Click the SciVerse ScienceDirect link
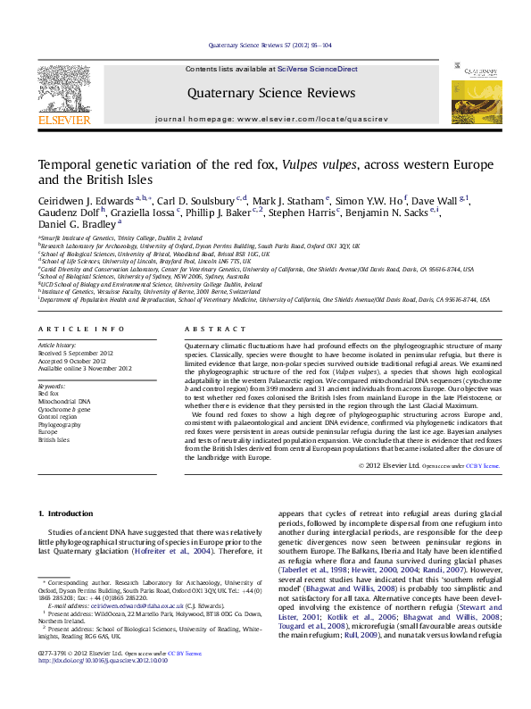317,69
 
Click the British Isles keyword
54,440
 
